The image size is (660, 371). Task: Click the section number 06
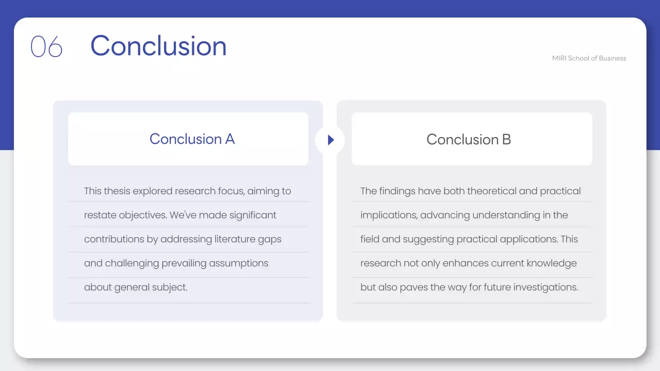coord(46,47)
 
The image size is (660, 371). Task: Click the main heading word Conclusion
coord(158,46)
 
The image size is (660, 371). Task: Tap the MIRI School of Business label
coord(589,58)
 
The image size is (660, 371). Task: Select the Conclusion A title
coord(192,139)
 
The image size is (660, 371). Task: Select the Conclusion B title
coord(468,139)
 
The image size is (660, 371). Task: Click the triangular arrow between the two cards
coord(331,140)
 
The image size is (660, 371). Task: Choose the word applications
coord(525,239)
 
